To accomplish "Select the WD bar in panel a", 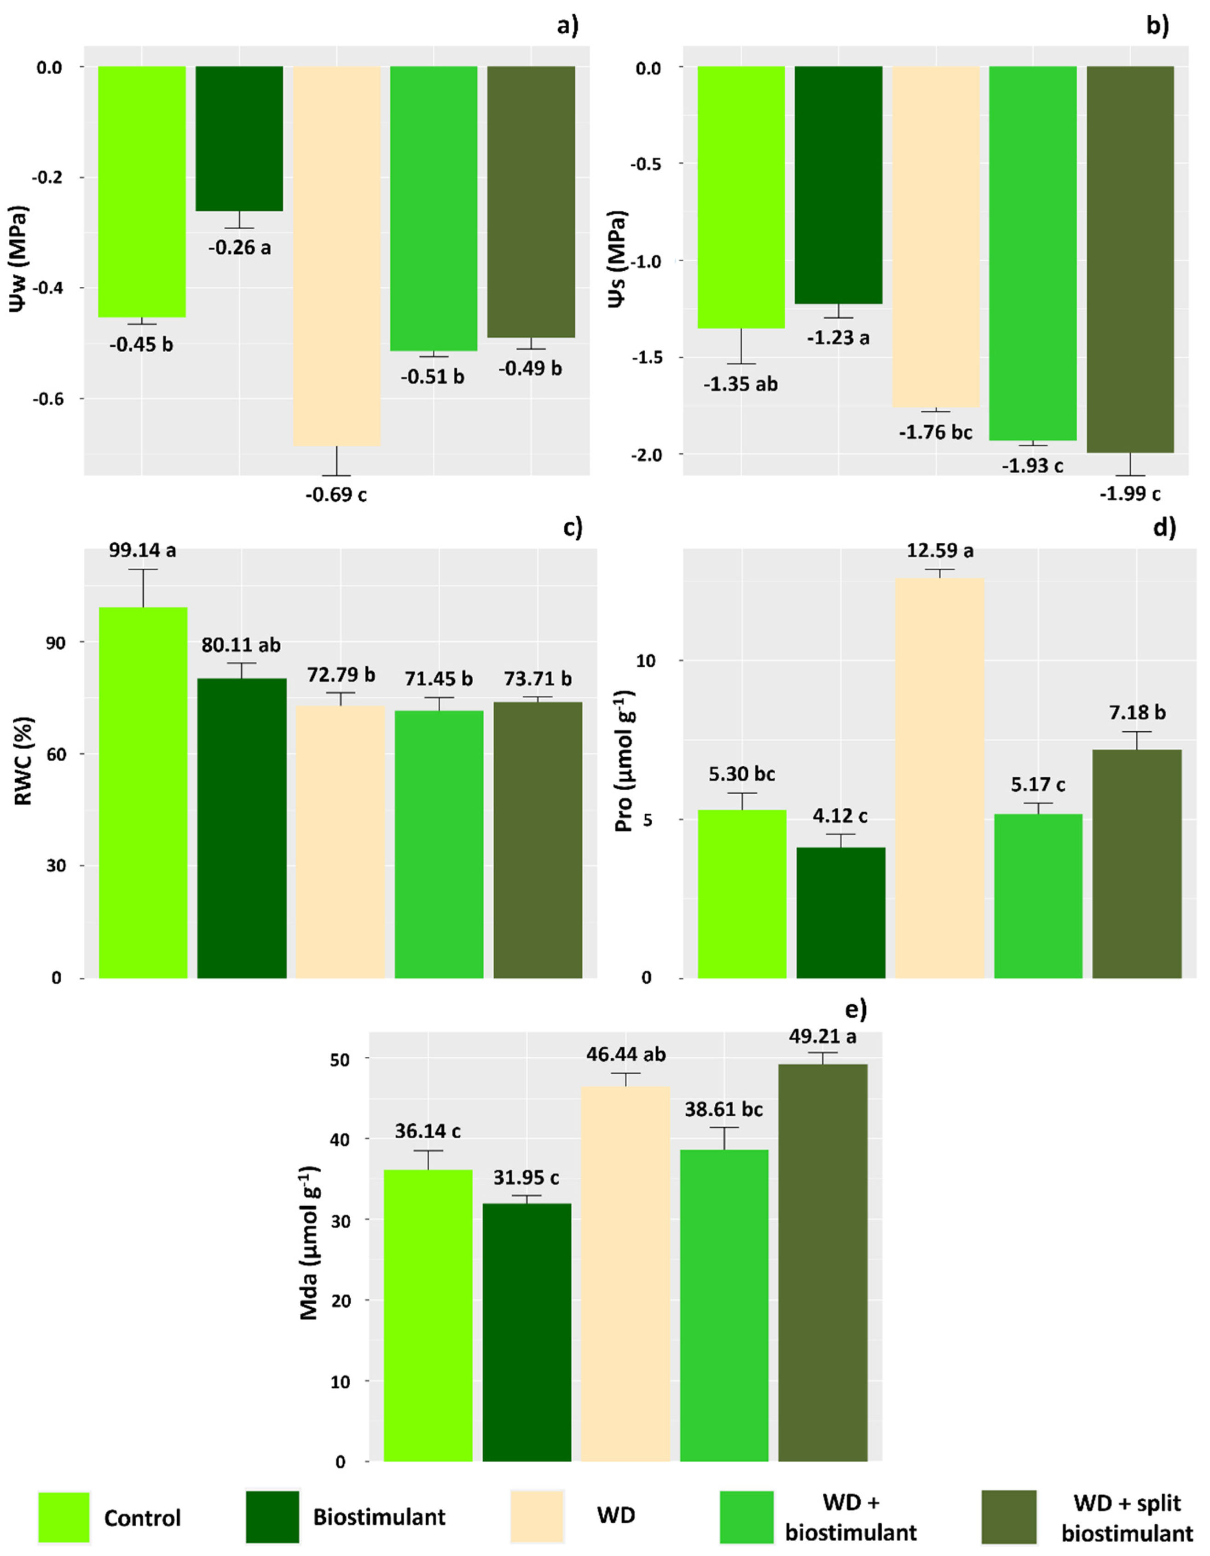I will pos(337,256).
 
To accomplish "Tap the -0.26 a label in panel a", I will pos(239,248).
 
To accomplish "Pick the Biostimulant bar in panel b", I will pos(838,185).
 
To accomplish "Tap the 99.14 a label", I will pos(142,551).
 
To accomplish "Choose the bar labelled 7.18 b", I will pos(1137,863).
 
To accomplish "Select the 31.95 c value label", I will pos(527,1177).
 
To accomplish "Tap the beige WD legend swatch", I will pos(537,1515).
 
